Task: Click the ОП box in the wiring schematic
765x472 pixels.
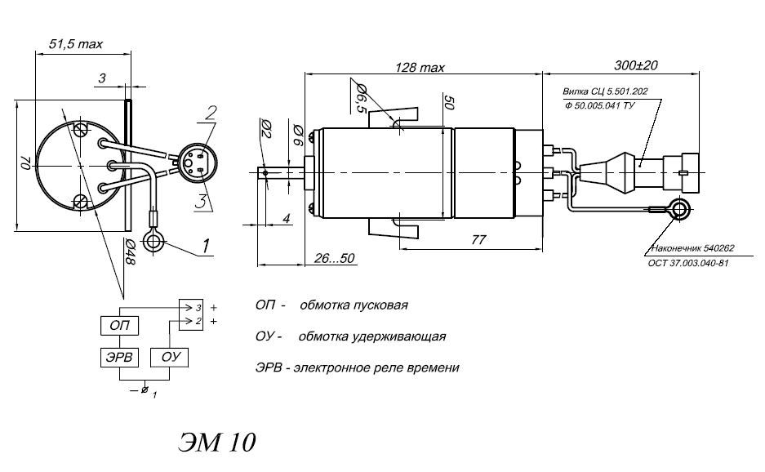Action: tap(119, 325)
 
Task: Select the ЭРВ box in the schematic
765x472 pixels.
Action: tap(119, 358)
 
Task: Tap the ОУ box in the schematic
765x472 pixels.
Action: tap(170, 358)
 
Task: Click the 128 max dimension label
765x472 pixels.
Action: tap(420, 67)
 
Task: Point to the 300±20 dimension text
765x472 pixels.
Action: tap(636, 65)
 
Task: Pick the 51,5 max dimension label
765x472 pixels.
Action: tap(76, 44)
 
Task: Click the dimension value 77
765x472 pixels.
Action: tap(478, 239)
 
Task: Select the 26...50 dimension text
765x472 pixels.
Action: tap(334, 258)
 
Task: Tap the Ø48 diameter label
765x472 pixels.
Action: tap(130, 252)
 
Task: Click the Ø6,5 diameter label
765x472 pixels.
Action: tap(362, 98)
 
